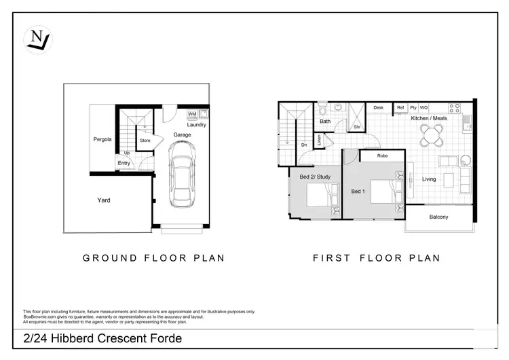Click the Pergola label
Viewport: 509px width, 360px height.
(x=102, y=140)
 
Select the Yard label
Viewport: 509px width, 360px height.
(x=104, y=200)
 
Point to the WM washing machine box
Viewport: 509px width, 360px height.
(x=191, y=114)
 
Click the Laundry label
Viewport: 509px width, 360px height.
(x=197, y=124)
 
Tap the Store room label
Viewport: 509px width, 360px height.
(x=145, y=141)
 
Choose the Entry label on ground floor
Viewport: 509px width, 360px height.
(x=124, y=163)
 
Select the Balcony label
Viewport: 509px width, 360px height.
(x=438, y=217)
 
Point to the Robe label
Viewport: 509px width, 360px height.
(x=382, y=156)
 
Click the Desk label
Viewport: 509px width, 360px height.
(x=378, y=107)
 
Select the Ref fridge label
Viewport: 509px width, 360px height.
(x=400, y=107)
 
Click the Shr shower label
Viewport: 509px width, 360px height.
(x=356, y=126)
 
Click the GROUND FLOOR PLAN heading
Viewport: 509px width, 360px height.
(x=153, y=258)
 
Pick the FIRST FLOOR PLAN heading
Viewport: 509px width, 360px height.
(x=376, y=258)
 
